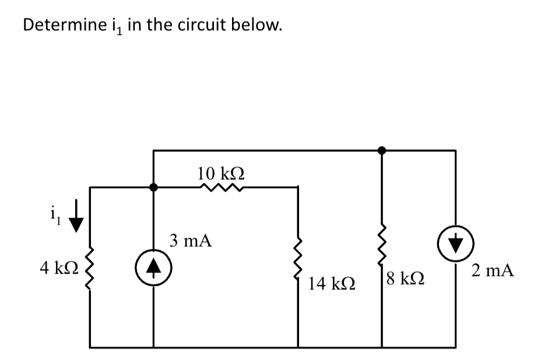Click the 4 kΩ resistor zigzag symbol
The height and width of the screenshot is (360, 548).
[x=89, y=270]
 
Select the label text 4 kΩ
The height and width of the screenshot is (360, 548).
[x=57, y=268]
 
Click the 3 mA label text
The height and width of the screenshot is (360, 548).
[x=191, y=240]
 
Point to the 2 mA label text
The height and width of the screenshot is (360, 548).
[x=493, y=270]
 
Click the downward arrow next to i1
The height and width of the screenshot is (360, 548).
[x=76, y=222]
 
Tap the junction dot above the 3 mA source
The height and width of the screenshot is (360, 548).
[x=153, y=188]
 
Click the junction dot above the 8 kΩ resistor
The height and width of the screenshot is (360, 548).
[x=382, y=150]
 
